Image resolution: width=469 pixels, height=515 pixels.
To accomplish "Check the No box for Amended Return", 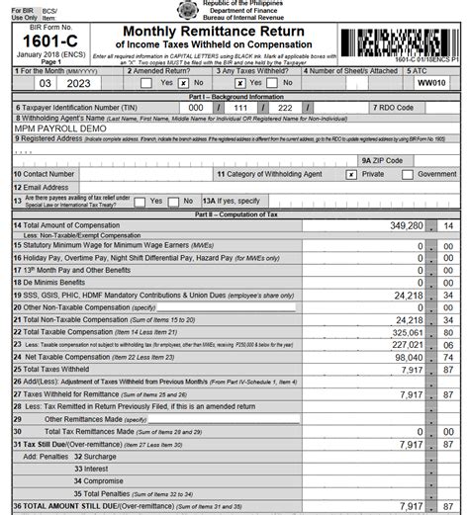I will coord(183,84).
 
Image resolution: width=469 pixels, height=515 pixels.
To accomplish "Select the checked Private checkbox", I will coord(351,173).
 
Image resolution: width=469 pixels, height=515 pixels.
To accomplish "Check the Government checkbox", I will coord(407,173).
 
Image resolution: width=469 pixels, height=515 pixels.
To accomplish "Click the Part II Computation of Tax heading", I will coord(234,214).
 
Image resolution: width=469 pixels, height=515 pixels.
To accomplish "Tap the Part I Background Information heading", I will coord(234,95).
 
